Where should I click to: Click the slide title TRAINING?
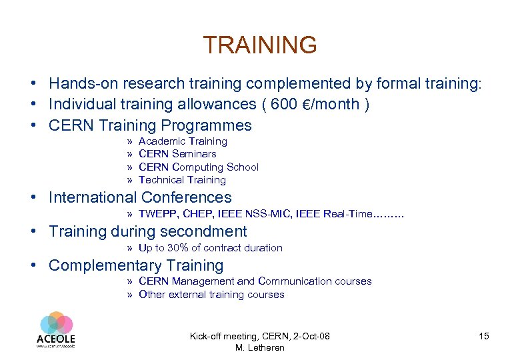(x=260, y=45)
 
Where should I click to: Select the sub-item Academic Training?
(x=183, y=141)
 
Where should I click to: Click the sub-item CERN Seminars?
(x=177, y=154)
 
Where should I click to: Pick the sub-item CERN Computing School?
(x=198, y=167)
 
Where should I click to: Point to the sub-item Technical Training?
(x=182, y=180)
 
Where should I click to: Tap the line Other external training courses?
(x=211, y=295)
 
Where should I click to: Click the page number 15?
(x=483, y=336)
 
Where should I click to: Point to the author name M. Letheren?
(x=259, y=347)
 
